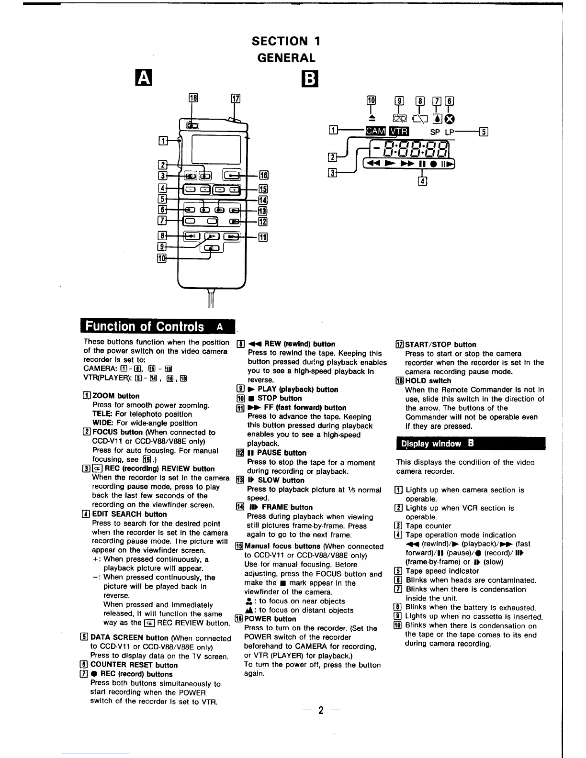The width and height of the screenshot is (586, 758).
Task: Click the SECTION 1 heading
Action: [286, 41]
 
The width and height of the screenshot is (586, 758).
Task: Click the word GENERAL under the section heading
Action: [286, 58]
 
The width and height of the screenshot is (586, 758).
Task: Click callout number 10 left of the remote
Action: [162, 258]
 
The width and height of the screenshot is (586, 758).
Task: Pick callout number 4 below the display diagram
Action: [422, 181]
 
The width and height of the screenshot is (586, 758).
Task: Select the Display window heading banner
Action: [470, 444]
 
